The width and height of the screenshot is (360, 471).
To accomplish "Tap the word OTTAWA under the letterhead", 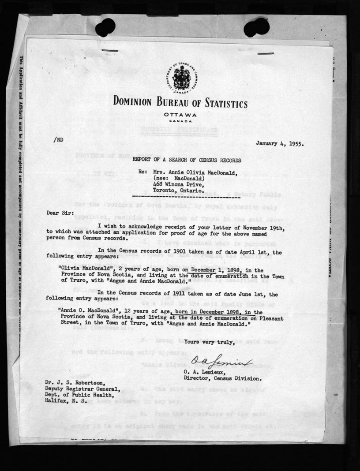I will coord(180,115).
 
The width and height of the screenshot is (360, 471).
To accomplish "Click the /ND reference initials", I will coord(58,139).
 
